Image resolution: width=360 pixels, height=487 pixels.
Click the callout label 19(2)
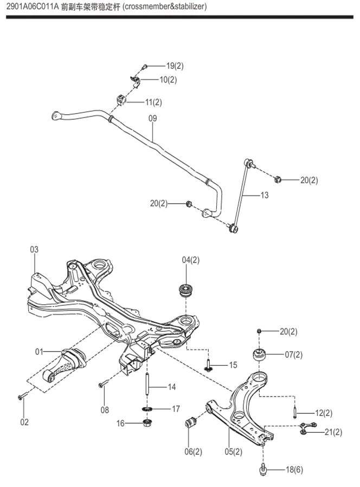(x=175, y=66)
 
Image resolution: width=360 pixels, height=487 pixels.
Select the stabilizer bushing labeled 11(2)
(x=120, y=100)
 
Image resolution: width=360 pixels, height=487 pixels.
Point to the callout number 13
(x=264, y=195)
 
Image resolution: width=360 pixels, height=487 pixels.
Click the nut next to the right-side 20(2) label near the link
(x=278, y=179)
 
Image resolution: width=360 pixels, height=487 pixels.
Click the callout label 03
(x=34, y=250)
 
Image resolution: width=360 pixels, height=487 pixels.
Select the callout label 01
(x=40, y=352)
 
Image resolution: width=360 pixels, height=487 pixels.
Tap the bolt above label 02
(x=21, y=398)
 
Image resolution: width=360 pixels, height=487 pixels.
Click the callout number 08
(x=105, y=410)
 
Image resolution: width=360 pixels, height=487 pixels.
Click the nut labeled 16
(x=146, y=423)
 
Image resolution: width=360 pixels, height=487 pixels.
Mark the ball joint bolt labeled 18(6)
(x=263, y=469)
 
